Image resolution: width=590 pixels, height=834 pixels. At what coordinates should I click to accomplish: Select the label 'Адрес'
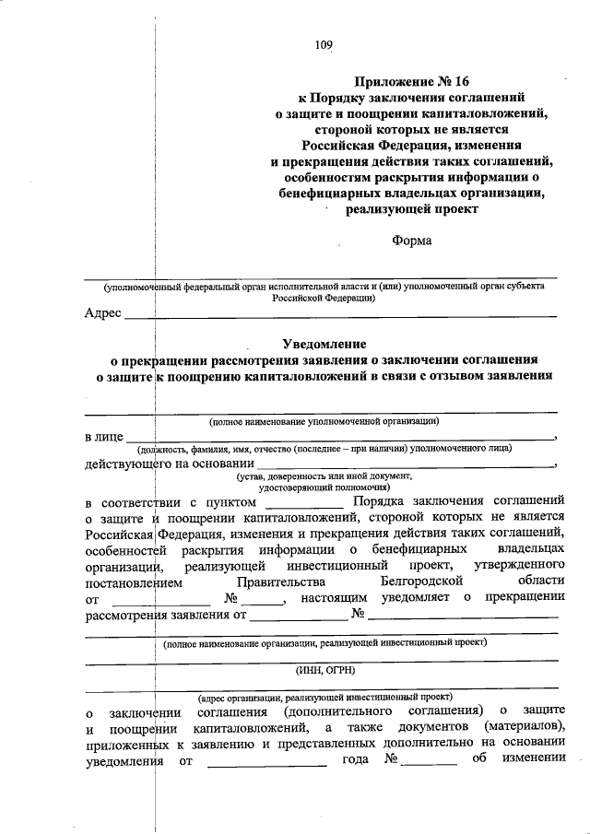click(x=102, y=313)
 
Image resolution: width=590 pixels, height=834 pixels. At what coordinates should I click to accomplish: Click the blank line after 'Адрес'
click(x=341, y=316)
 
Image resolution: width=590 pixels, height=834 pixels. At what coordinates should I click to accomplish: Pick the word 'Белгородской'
click(x=420, y=582)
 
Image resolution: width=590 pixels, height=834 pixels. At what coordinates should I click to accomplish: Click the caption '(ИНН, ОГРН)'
click(x=322, y=670)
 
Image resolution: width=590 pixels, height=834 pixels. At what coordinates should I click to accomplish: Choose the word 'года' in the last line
click(x=355, y=760)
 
